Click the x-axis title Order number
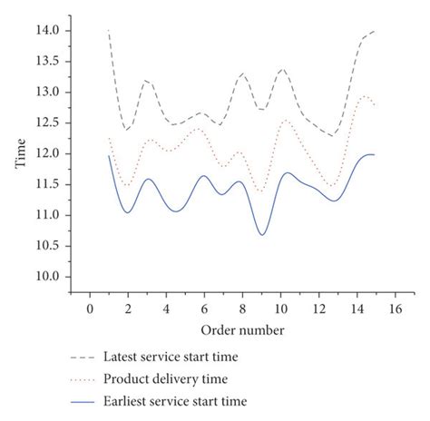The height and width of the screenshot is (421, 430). pyautogui.click(x=243, y=329)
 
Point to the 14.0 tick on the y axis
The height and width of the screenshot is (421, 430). pyautogui.click(x=47, y=31)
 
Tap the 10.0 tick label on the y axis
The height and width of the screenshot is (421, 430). pyautogui.click(x=47, y=277)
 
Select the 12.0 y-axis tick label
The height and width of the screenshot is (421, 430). pyautogui.click(x=47, y=154)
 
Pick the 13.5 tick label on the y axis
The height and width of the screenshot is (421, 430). pyautogui.click(x=47, y=62)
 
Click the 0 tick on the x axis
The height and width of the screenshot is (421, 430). pyautogui.click(x=90, y=309)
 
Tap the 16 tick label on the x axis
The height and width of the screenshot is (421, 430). pyautogui.click(x=396, y=309)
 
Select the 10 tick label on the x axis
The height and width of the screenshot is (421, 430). pyautogui.click(x=281, y=309)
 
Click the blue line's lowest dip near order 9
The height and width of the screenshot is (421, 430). pyautogui.click(x=263, y=235)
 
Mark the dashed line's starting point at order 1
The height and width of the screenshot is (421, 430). pyautogui.click(x=109, y=31)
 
